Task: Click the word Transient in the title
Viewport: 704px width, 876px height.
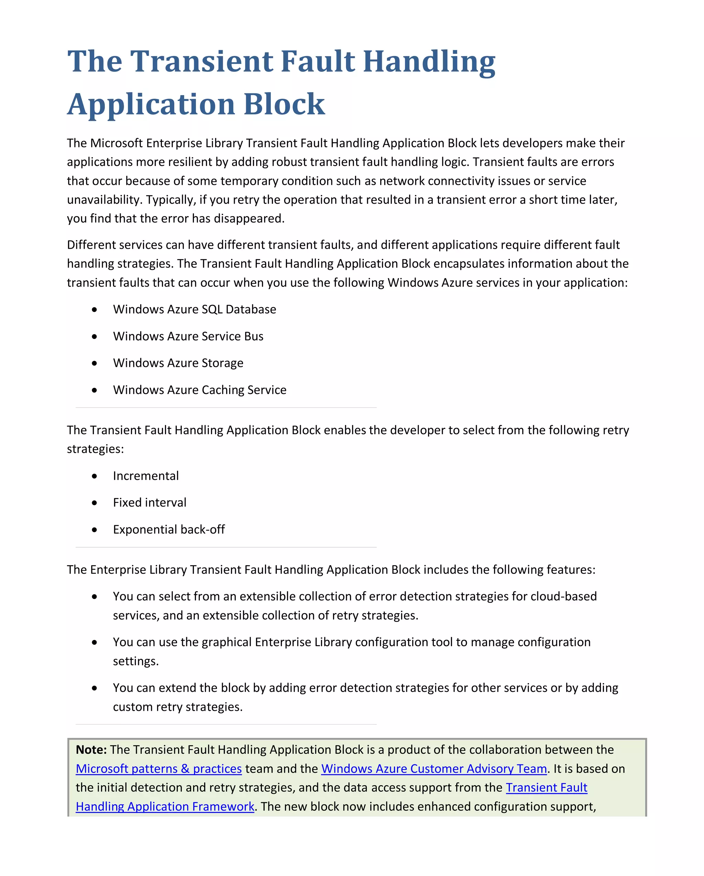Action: pyautogui.click(x=201, y=62)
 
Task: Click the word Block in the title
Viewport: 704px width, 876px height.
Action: pyautogui.click(x=284, y=104)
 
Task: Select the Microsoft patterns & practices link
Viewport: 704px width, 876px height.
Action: pyautogui.click(x=158, y=769)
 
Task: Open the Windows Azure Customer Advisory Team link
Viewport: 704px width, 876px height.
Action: pyautogui.click(x=434, y=769)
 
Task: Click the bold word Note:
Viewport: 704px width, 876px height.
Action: pyautogui.click(x=91, y=750)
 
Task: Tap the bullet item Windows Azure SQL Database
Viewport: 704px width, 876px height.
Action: pyautogui.click(x=194, y=310)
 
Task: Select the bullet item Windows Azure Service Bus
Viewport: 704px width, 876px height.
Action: pyautogui.click(x=188, y=336)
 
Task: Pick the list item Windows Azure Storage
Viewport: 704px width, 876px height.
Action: pyautogui.click(x=178, y=363)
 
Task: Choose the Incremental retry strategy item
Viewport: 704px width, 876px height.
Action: pyautogui.click(x=145, y=476)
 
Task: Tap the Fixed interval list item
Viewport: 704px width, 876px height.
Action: pyautogui.click(x=150, y=503)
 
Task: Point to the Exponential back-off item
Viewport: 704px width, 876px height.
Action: pyautogui.click(x=169, y=530)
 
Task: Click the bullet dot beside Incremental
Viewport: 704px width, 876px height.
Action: pyautogui.click(x=94, y=476)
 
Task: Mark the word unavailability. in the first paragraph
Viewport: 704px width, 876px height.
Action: pyautogui.click(x=104, y=200)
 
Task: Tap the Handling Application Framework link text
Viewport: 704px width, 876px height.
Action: pyautogui.click(x=165, y=807)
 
